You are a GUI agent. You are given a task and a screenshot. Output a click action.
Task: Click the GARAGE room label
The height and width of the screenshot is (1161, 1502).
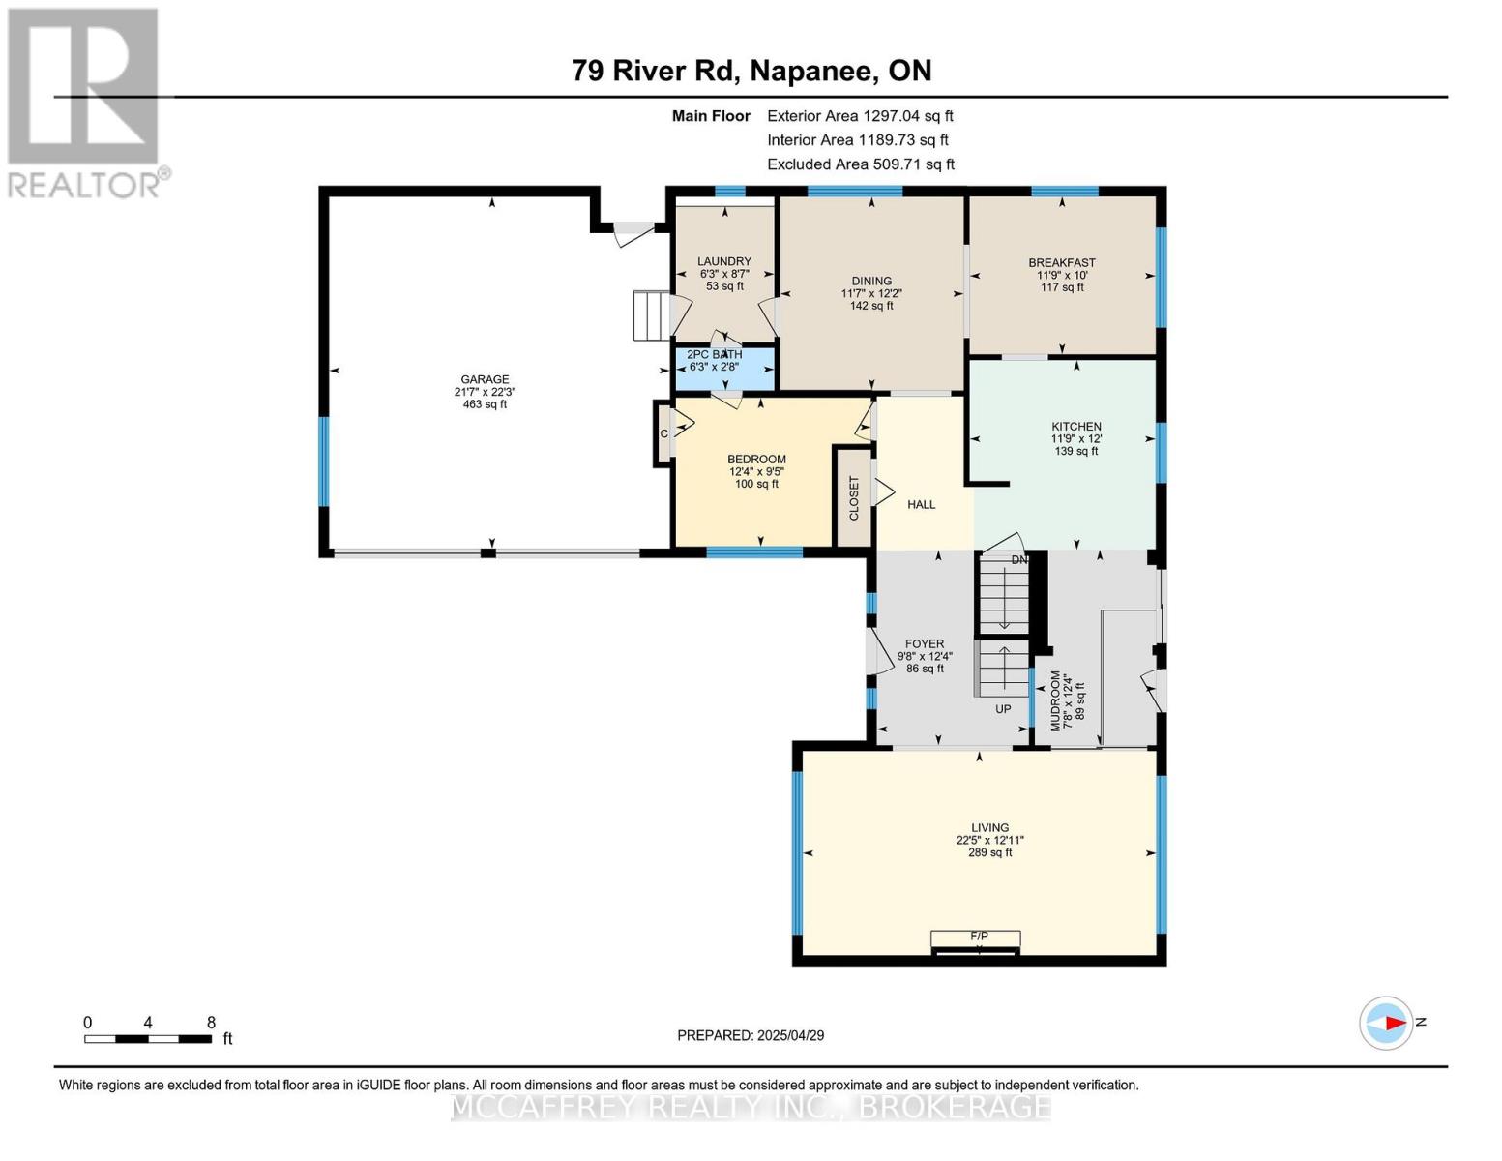(x=485, y=380)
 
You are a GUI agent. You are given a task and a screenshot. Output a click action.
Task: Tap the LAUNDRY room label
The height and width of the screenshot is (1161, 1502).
(x=724, y=261)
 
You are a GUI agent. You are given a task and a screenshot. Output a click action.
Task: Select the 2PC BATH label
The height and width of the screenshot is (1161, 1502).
(x=715, y=355)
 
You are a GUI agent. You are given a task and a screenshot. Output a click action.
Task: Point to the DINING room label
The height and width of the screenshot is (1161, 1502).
(x=871, y=282)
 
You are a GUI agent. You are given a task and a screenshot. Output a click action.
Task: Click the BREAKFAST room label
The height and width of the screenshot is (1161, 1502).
(x=1062, y=262)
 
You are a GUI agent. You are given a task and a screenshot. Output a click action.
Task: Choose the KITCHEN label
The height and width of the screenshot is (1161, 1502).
(x=1076, y=427)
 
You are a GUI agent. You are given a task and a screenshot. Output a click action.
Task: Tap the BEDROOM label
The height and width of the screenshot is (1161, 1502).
(x=756, y=460)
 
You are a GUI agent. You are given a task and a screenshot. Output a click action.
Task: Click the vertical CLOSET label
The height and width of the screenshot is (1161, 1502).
(x=854, y=498)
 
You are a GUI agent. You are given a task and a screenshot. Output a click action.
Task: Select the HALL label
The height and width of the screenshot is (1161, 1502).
(x=921, y=504)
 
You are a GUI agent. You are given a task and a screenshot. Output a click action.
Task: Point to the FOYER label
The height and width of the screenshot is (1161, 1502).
(x=925, y=643)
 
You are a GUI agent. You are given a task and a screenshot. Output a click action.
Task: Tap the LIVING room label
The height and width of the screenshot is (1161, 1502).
(x=989, y=828)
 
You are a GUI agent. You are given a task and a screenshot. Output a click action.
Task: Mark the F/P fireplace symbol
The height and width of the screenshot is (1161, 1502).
(x=977, y=938)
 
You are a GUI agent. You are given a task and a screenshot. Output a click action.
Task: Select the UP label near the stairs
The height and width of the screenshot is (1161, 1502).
(x=1003, y=709)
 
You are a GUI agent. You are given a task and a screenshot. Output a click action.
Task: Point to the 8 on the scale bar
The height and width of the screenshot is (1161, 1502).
(x=211, y=1023)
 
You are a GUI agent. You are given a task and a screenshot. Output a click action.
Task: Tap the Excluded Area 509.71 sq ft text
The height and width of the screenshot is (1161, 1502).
(x=860, y=164)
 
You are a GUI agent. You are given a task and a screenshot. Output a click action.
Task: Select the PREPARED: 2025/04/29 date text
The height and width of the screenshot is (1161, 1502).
(x=751, y=1035)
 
